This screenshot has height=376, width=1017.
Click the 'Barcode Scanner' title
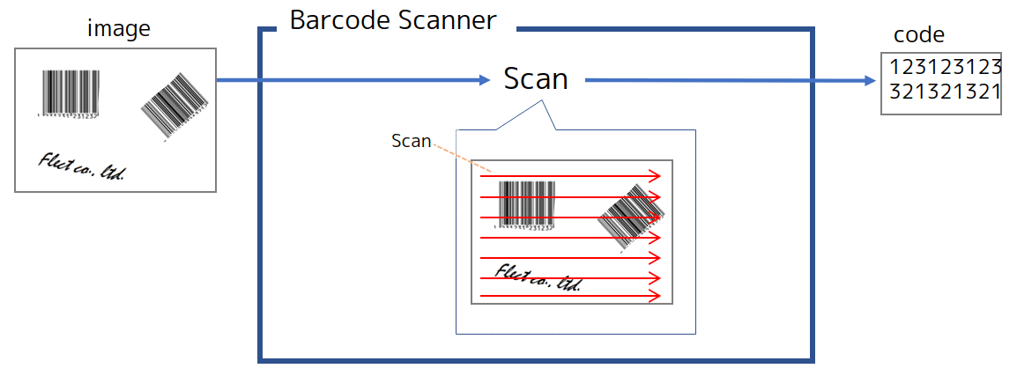[392, 21]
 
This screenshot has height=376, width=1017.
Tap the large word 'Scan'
[536, 79]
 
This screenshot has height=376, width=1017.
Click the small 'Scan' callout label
[411, 141]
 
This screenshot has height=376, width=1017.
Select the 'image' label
[118, 29]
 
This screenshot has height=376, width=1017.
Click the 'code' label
[918, 35]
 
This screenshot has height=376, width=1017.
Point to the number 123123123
[945, 68]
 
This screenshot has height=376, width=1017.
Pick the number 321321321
[945, 92]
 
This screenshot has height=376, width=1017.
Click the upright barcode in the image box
[71, 90]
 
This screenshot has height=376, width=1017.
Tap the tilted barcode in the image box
[174, 105]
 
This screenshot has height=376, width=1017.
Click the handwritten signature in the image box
[81, 166]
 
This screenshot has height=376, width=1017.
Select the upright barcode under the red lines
[526, 202]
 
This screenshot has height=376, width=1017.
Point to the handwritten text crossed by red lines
[538, 278]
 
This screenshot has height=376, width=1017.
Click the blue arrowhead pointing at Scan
[483, 80]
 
